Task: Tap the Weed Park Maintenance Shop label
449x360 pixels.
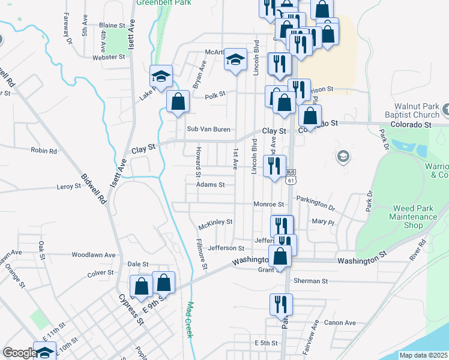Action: pyautogui.click(x=414, y=217)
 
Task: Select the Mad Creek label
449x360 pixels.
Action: pyautogui.click(x=190, y=319)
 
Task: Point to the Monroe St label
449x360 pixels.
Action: pyautogui.click(x=268, y=205)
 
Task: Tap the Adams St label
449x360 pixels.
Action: pyautogui.click(x=210, y=185)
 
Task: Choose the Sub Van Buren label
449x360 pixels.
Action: pyautogui.click(x=208, y=129)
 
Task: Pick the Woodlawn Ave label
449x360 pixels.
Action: pyautogui.click(x=93, y=254)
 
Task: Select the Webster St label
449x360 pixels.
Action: pyautogui.click(x=109, y=57)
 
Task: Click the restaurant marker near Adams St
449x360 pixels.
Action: pyautogui.click(x=275, y=166)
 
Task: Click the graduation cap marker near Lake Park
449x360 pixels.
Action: pyautogui.click(x=161, y=76)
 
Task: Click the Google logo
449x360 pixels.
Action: pyautogui.click(x=19, y=353)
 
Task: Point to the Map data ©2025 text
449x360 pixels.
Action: pyautogui.click(x=423, y=355)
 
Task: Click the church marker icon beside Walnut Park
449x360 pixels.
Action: pyautogui.click(x=445, y=110)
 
